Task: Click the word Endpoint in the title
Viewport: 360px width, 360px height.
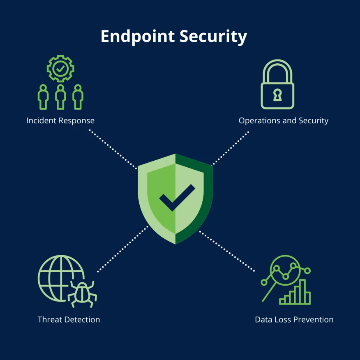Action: (x=138, y=36)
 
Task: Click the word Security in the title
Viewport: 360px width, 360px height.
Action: (x=213, y=36)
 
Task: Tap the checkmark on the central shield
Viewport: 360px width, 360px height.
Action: (x=177, y=197)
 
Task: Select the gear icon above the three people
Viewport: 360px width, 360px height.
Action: (x=60, y=68)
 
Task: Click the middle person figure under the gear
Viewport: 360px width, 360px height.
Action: (x=60, y=97)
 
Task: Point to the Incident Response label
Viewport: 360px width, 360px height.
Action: (x=60, y=120)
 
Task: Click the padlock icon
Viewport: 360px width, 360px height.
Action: (x=277, y=84)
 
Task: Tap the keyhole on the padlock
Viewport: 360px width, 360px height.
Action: (x=277, y=95)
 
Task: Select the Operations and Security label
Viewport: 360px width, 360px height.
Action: (x=283, y=120)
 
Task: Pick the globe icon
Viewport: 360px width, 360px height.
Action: (x=61, y=278)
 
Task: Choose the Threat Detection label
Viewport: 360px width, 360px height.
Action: (x=69, y=319)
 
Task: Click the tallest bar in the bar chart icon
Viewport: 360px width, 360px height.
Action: (x=303, y=292)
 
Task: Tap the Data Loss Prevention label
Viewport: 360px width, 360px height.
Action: (x=294, y=319)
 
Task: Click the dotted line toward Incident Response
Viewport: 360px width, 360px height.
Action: (x=113, y=149)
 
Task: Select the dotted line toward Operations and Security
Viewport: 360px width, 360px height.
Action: (x=231, y=148)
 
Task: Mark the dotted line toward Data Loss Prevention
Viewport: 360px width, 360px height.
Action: (x=227, y=251)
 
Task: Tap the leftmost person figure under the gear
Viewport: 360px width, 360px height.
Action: (x=43, y=97)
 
